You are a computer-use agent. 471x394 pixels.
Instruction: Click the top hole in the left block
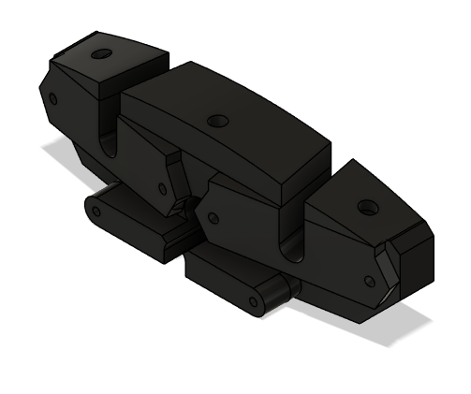[99, 53]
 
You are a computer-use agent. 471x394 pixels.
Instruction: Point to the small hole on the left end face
[52, 98]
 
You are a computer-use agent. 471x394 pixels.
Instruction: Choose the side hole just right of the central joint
[213, 218]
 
